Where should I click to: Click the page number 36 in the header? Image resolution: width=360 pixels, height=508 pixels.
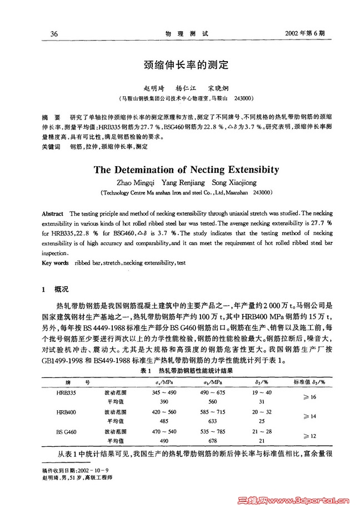coord(54,33)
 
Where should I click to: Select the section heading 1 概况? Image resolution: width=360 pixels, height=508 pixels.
coord(56,290)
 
